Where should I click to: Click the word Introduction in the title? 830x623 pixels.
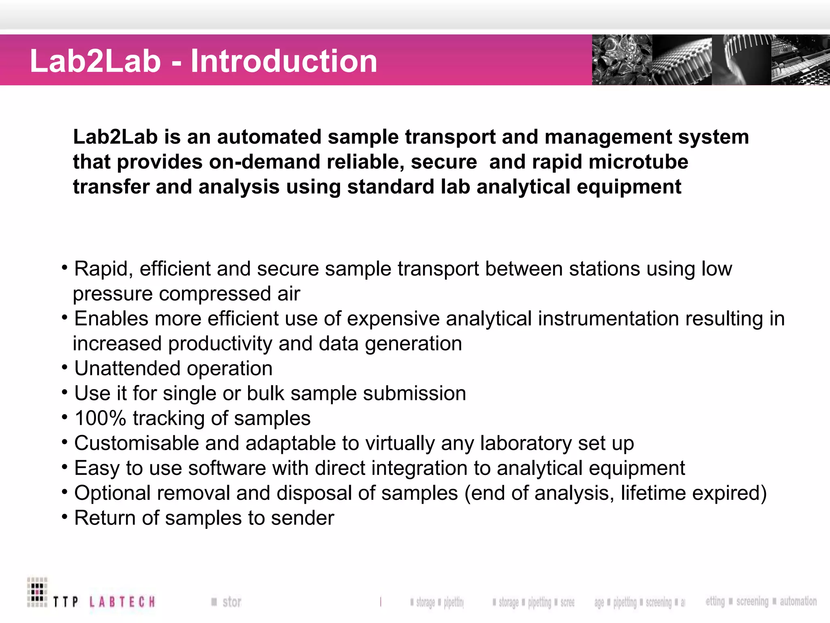click(284, 61)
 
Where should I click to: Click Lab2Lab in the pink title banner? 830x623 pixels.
click(96, 61)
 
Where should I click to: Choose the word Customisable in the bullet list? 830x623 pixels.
click(136, 443)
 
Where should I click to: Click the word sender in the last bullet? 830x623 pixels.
click(302, 518)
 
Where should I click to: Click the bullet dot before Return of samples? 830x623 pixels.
click(64, 517)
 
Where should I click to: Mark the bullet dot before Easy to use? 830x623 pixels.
click(64, 467)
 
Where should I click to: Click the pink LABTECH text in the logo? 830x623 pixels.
click(122, 602)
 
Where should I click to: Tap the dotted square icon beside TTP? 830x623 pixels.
click(37, 592)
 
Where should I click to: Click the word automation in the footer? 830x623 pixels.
click(798, 601)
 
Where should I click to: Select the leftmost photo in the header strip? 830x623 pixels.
click(622, 60)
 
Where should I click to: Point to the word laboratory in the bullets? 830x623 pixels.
click(526, 443)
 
